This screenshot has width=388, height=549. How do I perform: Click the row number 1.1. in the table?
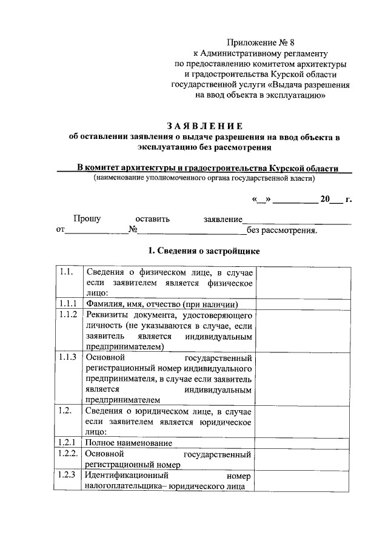(66, 272)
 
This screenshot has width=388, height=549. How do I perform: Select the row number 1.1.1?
(67, 303)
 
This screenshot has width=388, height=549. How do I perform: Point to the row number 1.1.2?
(67, 314)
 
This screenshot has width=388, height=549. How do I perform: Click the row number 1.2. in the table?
(66, 411)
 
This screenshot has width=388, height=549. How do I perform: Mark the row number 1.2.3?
(67, 475)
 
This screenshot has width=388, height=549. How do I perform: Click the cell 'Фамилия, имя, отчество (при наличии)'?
(161, 304)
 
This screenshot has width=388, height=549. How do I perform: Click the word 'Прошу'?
(87, 219)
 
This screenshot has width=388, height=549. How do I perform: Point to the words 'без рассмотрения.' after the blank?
(282, 231)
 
